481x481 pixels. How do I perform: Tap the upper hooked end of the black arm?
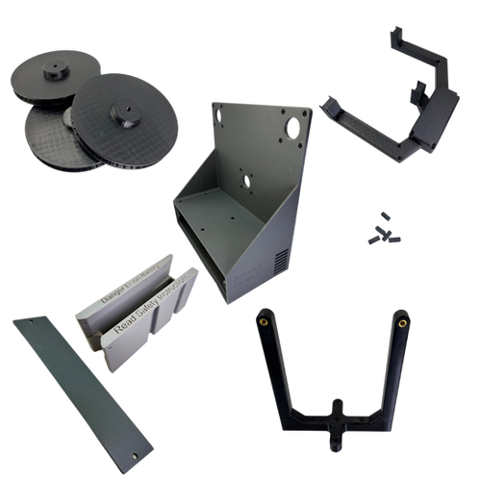coord(397,36)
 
